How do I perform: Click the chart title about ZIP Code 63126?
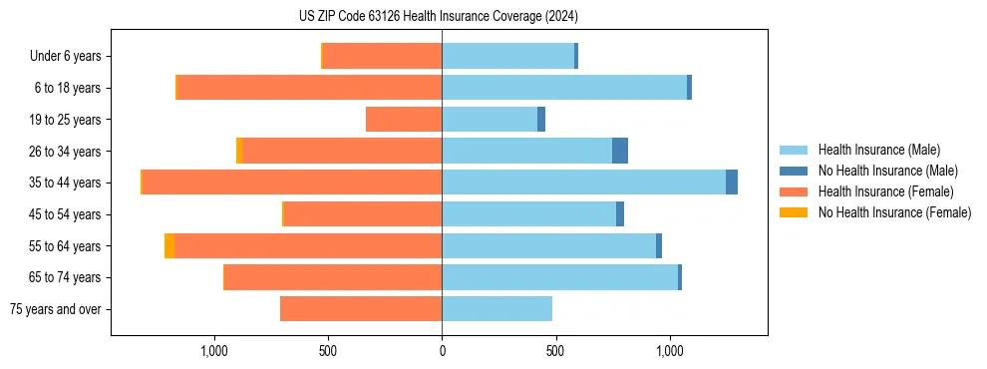[438, 17]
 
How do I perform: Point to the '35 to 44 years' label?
[66, 183]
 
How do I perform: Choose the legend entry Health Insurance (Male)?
[877, 150]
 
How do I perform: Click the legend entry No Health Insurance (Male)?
[887, 171]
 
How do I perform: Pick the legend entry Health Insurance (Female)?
[885, 191]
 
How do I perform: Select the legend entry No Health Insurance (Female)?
[894, 212]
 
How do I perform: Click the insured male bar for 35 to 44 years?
[583, 183]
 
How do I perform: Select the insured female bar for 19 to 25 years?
[404, 120]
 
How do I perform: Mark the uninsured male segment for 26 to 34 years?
[620, 151]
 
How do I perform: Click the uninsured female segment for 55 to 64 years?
[169, 245]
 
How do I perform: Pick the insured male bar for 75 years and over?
[496, 309]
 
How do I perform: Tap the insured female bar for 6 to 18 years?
[309, 88]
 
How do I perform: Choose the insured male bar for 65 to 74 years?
[559, 277]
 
